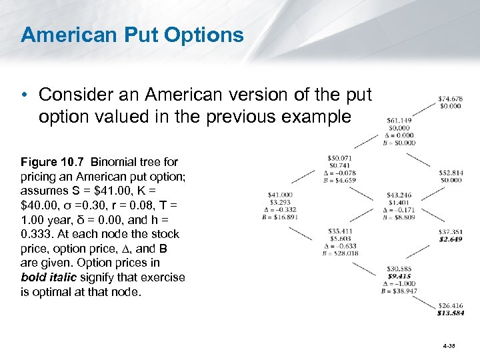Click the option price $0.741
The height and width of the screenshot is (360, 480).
click(339, 165)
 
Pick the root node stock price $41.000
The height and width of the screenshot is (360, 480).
click(280, 195)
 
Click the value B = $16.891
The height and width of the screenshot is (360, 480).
click(279, 217)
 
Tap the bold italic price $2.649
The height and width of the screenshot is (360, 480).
click(451, 239)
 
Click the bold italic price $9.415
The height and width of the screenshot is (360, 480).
click(399, 276)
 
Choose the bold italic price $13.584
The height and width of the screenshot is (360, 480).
click(451, 313)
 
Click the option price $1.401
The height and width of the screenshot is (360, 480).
click(399, 202)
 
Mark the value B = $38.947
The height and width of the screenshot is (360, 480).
click(399, 291)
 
